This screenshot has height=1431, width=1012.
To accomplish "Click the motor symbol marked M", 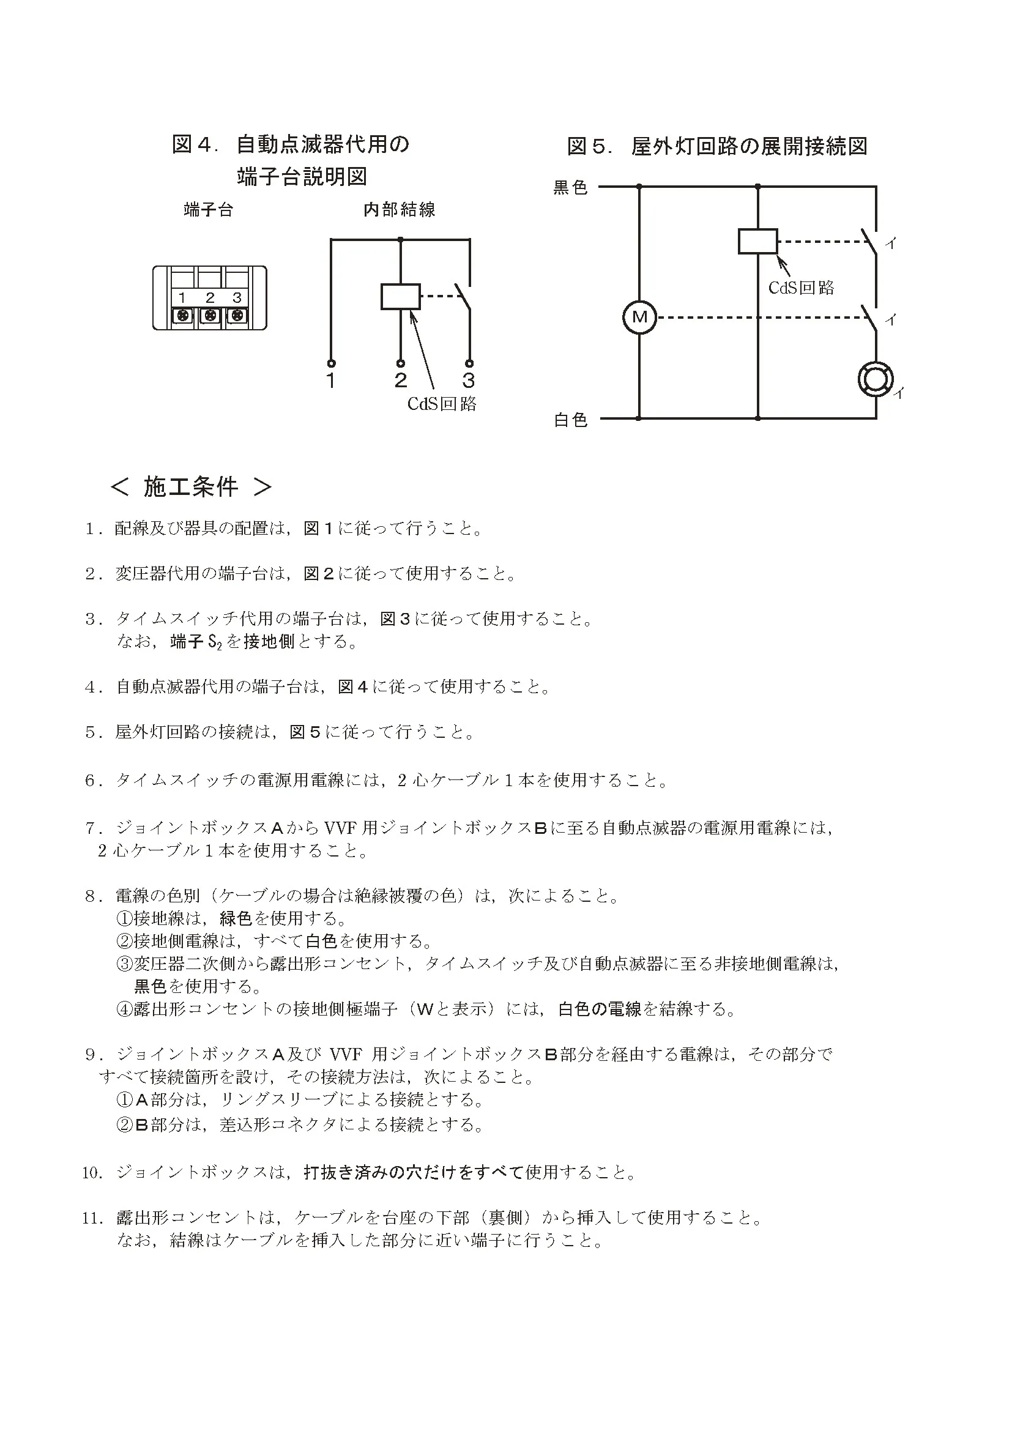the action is pos(639,318).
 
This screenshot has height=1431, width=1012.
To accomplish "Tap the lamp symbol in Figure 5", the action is pos(876,378).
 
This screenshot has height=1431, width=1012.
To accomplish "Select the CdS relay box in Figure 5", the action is pos(757,241).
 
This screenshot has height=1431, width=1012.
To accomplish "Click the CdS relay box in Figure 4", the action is pos(401,297).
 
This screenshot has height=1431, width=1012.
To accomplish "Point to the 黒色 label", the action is pos(570,188).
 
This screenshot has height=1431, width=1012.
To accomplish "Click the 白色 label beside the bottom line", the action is pos(570,420).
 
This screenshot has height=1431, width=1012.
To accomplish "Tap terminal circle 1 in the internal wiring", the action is pos(331,363).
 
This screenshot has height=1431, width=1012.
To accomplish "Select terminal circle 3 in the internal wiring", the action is pos(469,363).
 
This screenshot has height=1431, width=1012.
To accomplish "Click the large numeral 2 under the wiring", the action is pos(401,380).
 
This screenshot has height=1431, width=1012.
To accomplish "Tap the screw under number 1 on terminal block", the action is pos(182,315).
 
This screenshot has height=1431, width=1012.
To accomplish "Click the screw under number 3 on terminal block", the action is pos(237,315).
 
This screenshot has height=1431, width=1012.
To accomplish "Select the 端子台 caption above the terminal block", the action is pos(208,210).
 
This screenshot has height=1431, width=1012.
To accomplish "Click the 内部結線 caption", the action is pos(400,210).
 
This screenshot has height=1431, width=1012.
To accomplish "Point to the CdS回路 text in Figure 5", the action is pos(801,288).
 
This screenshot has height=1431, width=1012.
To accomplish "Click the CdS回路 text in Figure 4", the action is pos(442,404).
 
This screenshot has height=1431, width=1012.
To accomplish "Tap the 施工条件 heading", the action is pos(191,487).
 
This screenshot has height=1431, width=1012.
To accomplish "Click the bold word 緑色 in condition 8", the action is pos(236,918).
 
